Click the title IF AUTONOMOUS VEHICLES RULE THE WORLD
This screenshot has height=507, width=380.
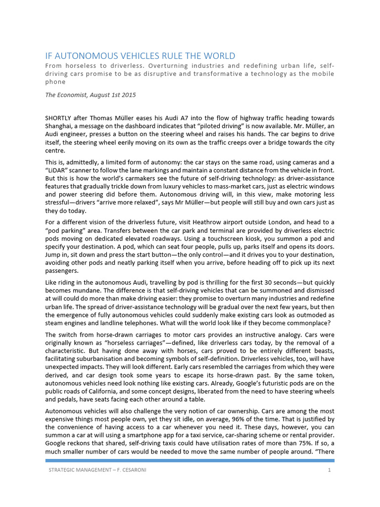[140, 56]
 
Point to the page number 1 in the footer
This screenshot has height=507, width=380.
[329, 469]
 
